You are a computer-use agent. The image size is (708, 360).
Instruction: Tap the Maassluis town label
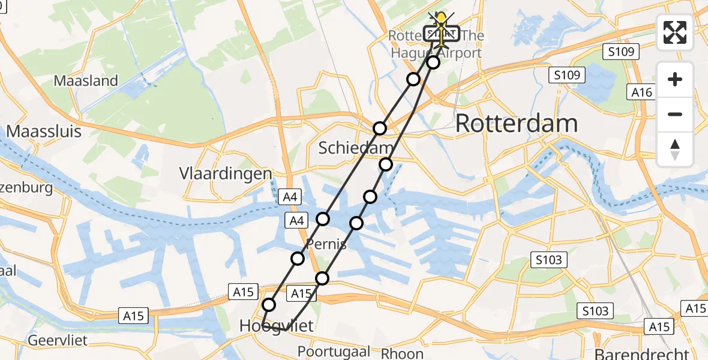point(44,131)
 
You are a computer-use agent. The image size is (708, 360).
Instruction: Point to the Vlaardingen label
point(226,174)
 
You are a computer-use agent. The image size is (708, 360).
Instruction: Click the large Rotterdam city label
point(517,124)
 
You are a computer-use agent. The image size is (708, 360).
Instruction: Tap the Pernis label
point(326,244)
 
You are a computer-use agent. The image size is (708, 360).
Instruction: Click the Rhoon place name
point(403,353)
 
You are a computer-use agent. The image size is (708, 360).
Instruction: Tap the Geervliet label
point(58,341)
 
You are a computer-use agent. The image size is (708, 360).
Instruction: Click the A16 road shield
point(641,92)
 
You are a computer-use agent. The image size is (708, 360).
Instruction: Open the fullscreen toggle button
point(675,32)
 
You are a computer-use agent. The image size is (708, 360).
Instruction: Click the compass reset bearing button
point(675,149)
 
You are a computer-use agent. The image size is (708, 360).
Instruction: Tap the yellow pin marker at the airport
point(442,22)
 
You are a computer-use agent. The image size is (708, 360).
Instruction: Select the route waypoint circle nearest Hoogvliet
point(269,305)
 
